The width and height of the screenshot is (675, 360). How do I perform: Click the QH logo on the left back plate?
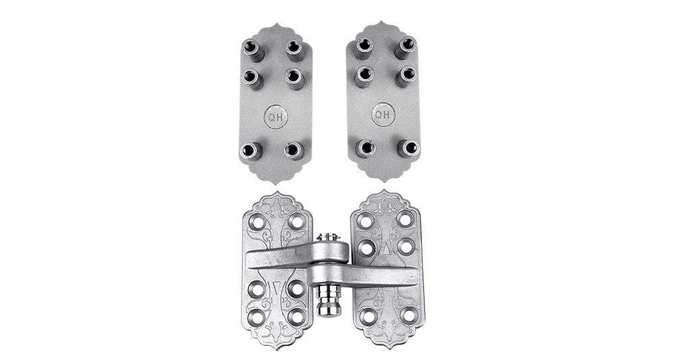tap(276, 116)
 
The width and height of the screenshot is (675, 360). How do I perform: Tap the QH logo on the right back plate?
tap(383, 115)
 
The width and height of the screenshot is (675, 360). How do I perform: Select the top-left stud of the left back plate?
tap(252, 49)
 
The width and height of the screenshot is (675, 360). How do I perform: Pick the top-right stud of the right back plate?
tap(406, 46)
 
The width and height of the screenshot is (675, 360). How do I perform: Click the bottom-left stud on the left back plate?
tap(250, 151)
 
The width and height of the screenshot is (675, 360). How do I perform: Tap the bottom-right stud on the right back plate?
tap(408, 148)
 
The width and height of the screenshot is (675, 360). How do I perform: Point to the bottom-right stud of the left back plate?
tap(294, 150)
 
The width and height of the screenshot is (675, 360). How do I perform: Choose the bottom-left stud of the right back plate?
tap(365, 148)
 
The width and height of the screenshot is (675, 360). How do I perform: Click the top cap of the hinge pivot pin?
tap(328, 237)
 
